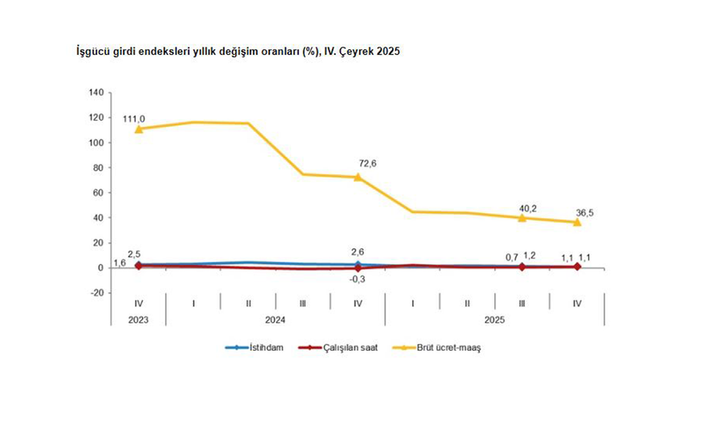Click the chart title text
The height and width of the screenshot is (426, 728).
[x=238, y=52]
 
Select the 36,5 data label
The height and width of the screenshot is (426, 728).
[x=584, y=213]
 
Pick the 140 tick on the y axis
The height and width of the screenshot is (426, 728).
[x=95, y=92]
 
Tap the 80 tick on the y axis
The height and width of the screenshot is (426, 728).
[x=97, y=167]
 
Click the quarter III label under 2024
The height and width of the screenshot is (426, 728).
[x=302, y=302]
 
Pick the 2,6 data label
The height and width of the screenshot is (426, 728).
[x=357, y=252]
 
